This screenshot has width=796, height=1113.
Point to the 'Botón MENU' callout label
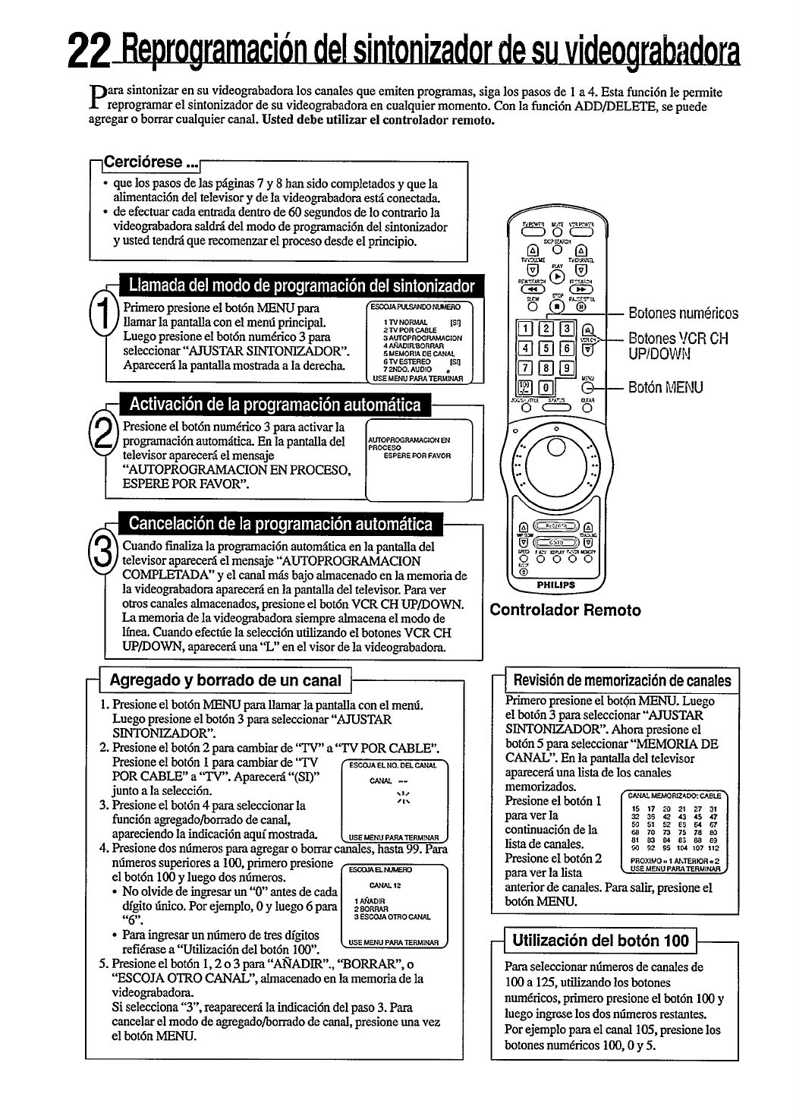pyautogui.click(x=665, y=388)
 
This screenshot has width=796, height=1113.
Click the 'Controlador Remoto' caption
pyautogui.click(x=565, y=610)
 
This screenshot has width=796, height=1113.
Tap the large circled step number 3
pyautogui.click(x=102, y=548)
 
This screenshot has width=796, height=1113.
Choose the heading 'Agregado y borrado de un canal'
pyautogui.click(x=226, y=679)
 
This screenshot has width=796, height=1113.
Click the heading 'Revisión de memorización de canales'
pyautogui.click(x=622, y=680)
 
